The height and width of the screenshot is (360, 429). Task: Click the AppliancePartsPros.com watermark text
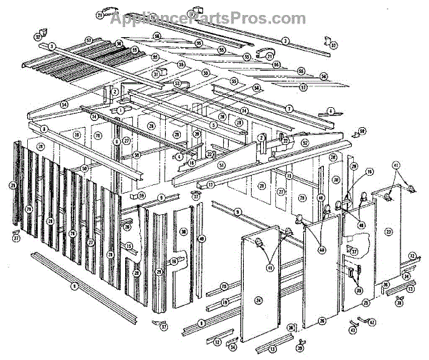pyautogui.click(x=207, y=18)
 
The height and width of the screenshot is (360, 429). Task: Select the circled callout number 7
pyautogui.click(x=290, y=107)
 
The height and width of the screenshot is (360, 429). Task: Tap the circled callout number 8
pyautogui.click(x=44, y=129)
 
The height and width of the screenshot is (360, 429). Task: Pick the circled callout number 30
pyautogui.click(x=336, y=179)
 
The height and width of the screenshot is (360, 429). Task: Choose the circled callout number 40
pyautogui.click(x=202, y=238)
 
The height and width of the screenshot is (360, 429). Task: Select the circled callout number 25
pyautogui.click(x=365, y=303)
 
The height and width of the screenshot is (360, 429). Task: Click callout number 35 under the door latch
pyautogui.click(x=358, y=290)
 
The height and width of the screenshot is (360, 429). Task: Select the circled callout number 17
pyautogui.click(x=211, y=184)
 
